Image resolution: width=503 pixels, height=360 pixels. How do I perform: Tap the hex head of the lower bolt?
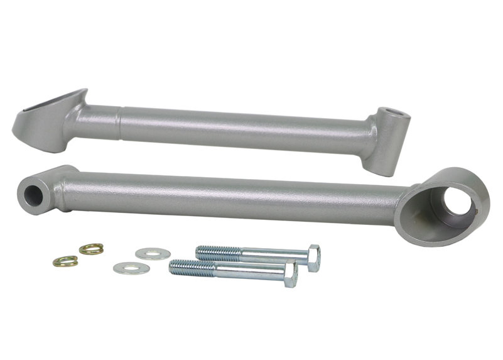pos(290,275)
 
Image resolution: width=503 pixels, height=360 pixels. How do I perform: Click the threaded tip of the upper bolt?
pos(204,252)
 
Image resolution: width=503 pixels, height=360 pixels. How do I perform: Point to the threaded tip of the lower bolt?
pos(178,268)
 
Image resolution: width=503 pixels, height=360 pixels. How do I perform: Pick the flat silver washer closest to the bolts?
pos(153,254)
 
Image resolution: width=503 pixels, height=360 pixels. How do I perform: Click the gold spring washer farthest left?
pos(65,261)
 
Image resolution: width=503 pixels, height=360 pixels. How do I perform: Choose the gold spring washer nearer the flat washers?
pos(92,249)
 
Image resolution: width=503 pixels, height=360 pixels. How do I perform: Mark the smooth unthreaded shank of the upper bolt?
pos(273,256)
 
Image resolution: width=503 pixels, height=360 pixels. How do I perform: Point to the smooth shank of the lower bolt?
pos(251,271)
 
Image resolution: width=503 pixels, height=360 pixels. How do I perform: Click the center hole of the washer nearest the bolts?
pos(153,254)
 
